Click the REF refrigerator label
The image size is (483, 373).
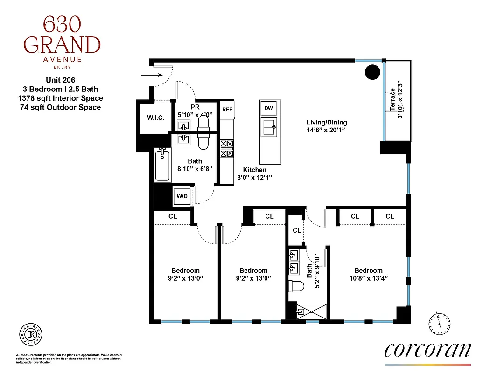[227, 110]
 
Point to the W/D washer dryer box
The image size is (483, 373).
[182, 196]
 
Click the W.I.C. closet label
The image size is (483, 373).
[155, 117]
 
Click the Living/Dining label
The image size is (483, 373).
[327, 126]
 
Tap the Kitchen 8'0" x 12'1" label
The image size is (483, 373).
[254, 173]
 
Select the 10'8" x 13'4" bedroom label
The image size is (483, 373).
[368, 274]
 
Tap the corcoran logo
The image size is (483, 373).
[427, 351]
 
